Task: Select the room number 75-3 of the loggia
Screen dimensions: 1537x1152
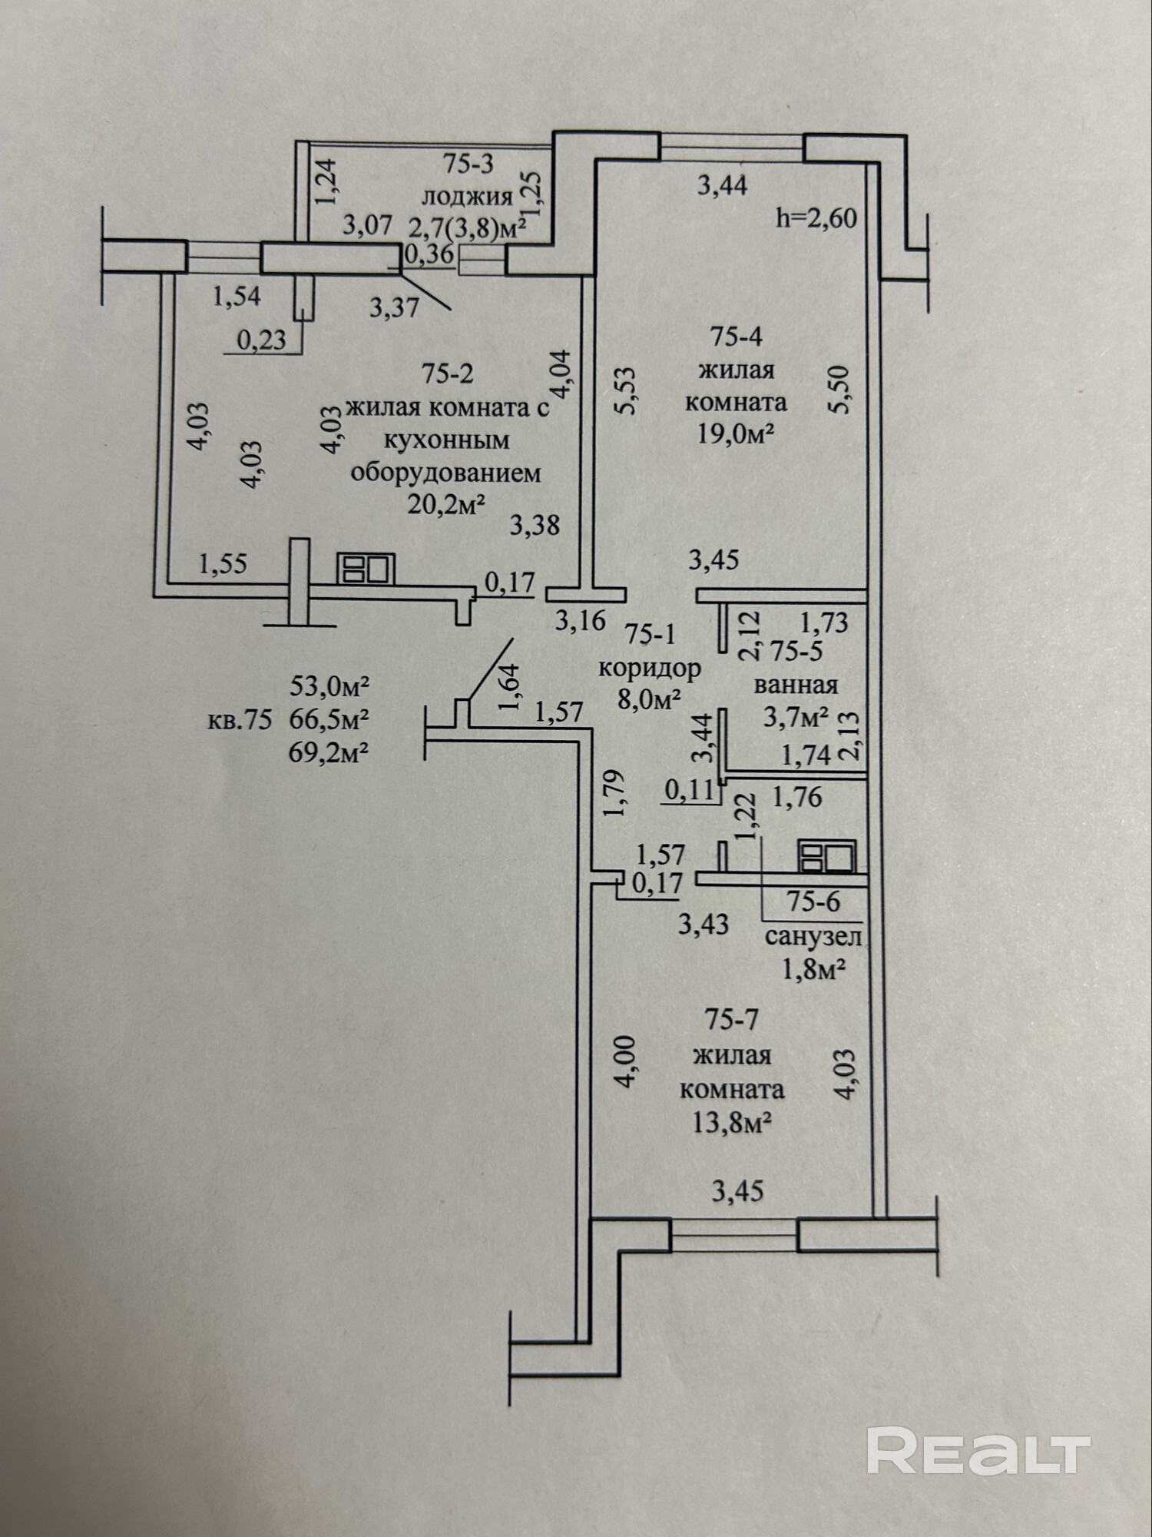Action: pyautogui.click(x=468, y=164)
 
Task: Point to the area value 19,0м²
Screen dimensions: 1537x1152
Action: pyautogui.click(x=733, y=434)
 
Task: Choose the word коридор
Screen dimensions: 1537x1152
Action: pyautogui.click(x=650, y=668)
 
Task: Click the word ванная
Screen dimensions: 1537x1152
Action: pyautogui.click(x=796, y=684)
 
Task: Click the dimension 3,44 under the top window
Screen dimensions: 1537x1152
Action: pyautogui.click(x=721, y=185)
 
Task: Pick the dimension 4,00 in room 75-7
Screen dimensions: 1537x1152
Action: pyautogui.click(x=625, y=1061)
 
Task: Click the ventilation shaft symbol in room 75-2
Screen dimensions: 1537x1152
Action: pyautogui.click(x=366, y=569)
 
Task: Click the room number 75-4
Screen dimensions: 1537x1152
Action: pyautogui.click(x=736, y=337)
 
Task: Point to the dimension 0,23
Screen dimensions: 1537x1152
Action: pyautogui.click(x=260, y=339)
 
